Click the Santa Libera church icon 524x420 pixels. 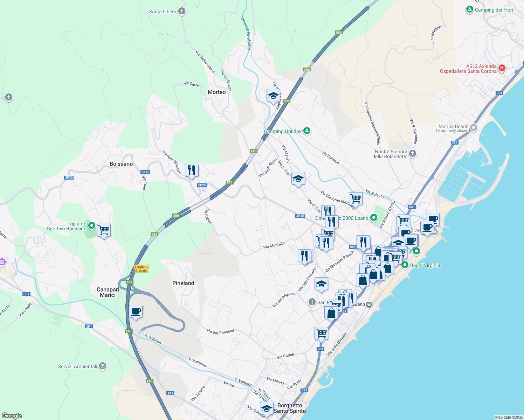[181, 11]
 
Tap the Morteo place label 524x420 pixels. [216, 92]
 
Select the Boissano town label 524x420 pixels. [121, 164]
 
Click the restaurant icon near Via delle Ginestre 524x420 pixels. [192, 170]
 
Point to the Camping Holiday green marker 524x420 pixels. [307, 131]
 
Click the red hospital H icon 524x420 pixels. [502, 68]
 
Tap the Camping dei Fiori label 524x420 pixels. [494, 10]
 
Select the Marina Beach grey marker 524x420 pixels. [474, 128]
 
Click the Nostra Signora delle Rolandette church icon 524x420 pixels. [413, 153]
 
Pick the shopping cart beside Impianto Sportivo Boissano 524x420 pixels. [104, 230]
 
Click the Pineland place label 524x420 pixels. [183, 283]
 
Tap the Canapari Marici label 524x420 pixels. [108, 292]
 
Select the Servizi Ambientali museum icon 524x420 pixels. [103, 366]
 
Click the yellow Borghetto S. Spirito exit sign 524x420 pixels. [142, 269]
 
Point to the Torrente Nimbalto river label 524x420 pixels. [246, 32]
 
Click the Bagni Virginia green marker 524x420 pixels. [405, 265]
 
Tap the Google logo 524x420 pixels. [12, 415]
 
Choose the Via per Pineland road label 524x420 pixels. [220, 331]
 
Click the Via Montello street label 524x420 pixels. [274, 245]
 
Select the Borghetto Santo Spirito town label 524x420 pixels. [290, 408]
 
